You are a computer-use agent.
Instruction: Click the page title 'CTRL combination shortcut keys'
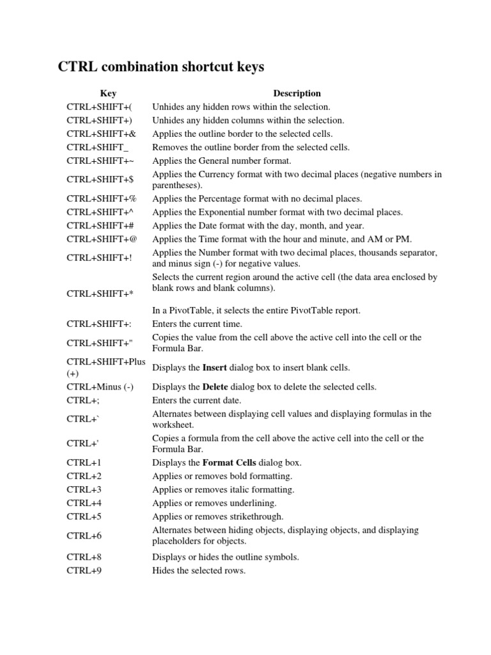coord(161,67)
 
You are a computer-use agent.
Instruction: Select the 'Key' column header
coord(108,93)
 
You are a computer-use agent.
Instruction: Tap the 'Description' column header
coord(297,93)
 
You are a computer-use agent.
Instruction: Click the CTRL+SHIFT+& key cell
coord(102,134)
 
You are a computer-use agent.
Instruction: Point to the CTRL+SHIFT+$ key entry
coord(100,180)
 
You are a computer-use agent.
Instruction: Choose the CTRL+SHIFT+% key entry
coord(102,199)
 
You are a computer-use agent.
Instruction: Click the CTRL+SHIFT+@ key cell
coord(102,239)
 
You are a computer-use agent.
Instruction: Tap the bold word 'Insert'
coord(215,368)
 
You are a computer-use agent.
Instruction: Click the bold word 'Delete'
coord(215,387)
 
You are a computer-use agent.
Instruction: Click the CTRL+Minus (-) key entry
coord(100,387)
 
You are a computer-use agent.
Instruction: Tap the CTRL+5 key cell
coord(84,516)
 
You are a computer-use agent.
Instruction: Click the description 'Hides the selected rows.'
coord(199,571)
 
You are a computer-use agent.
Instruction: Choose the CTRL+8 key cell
coord(84,557)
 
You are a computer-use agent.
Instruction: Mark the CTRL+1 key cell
coord(84,462)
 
